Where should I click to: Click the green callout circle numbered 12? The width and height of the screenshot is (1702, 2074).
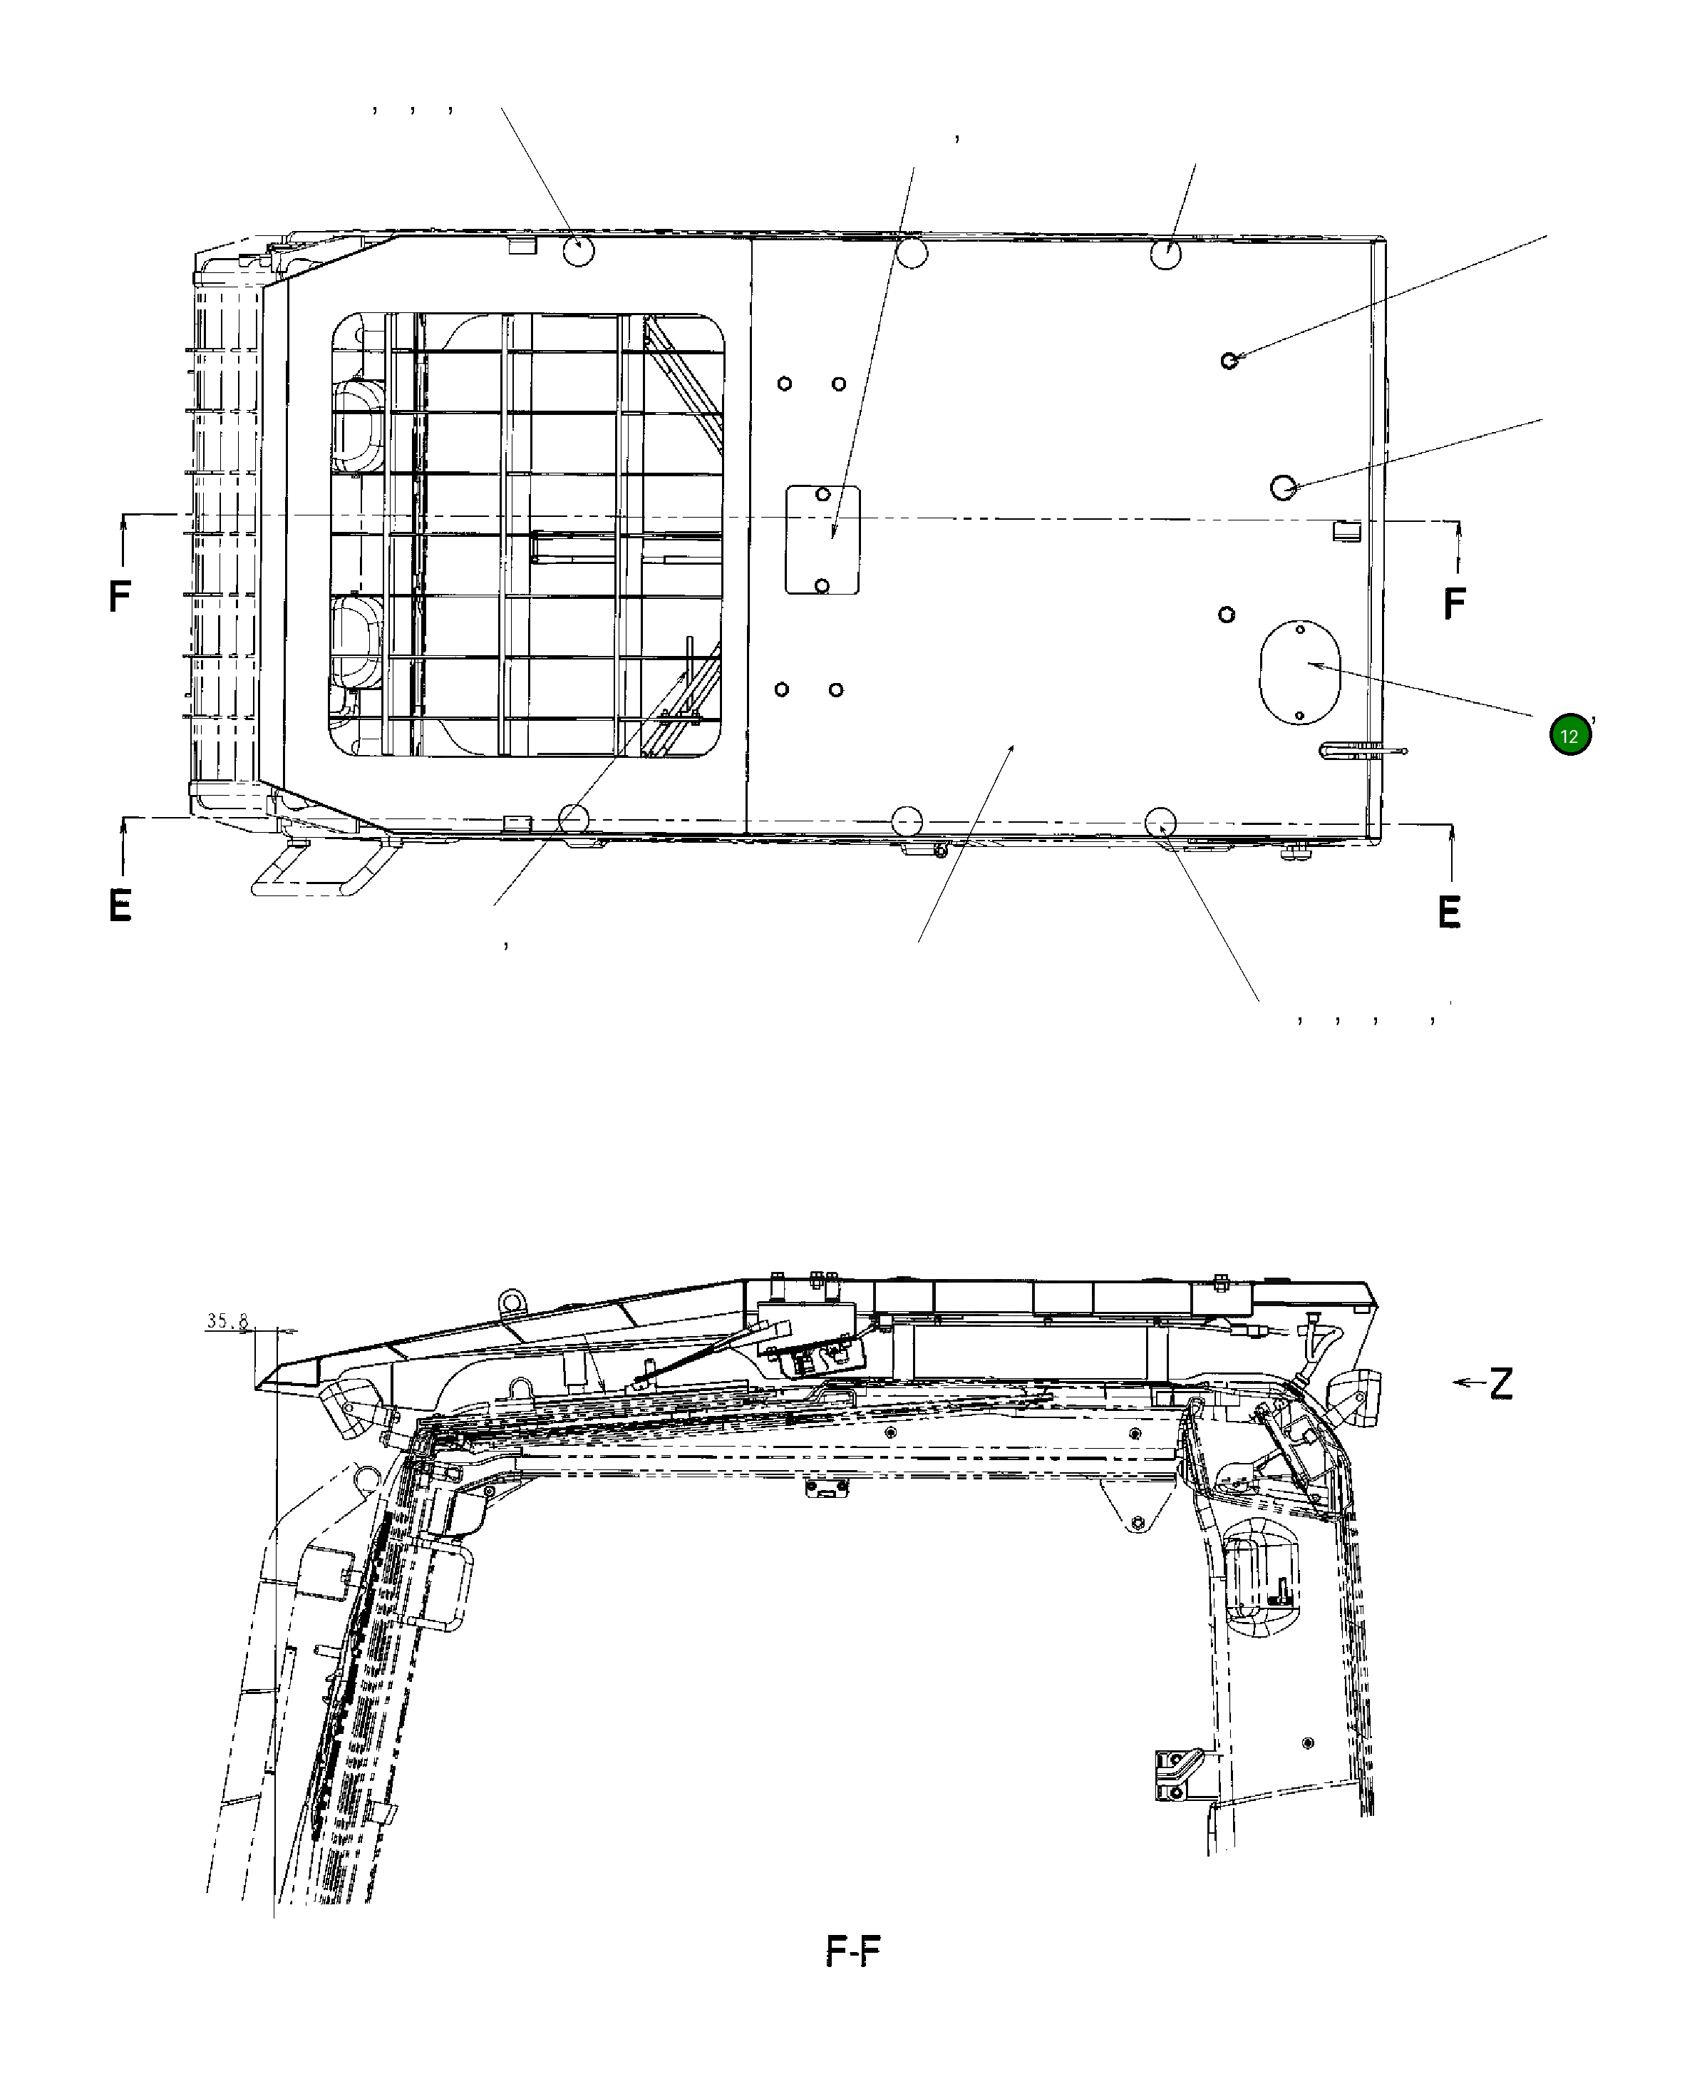tap(1569, 736)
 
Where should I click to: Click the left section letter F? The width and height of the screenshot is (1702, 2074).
tap(120, 595)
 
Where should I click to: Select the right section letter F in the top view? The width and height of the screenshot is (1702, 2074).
tap(1454, 603)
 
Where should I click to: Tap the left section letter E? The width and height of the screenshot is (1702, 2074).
tap(120, 905)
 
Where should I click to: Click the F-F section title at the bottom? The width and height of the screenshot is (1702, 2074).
tap(853, 1951)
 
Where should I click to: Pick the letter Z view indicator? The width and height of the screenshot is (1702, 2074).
tap(1501, 1384)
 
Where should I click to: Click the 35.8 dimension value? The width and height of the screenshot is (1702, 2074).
tap(227, 1322)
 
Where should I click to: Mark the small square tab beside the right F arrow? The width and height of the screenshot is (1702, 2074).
tap(1346, 530)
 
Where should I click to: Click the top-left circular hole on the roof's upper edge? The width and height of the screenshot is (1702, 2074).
tap(579, 251)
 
